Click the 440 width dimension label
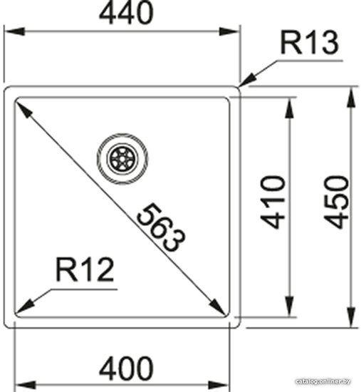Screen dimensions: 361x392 (x=126, y=13)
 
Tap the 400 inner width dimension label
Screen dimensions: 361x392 (x=126, y=368)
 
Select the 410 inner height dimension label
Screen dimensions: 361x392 (x=272, y=202)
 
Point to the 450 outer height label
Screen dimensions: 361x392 (x=336, y=202)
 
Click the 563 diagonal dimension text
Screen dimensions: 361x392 (x=161, y=227)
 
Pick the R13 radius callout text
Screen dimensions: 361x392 (x=309, y=43)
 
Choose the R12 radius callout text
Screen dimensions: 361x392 (x=85, y=269)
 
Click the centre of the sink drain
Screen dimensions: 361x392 (x=122, y=158)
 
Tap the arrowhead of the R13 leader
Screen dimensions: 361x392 (x=247, y=81)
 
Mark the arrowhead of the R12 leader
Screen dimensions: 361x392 (x=24, y=306)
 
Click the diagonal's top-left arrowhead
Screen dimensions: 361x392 (x=23, y=109)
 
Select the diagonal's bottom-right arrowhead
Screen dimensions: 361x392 (x=217, y=306)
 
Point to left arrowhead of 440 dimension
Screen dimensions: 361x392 (x=14, y=32)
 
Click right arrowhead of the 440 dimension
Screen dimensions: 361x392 (x=229, y=32)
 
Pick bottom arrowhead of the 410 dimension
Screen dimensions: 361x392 (x=289, y=306)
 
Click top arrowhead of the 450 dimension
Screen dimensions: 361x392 (x=351, y=98)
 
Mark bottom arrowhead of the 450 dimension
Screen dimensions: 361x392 (x=351, y=316)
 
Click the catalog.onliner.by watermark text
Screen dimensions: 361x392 (x=323, y=381)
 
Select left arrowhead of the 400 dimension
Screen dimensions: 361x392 (x=26, y=385)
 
